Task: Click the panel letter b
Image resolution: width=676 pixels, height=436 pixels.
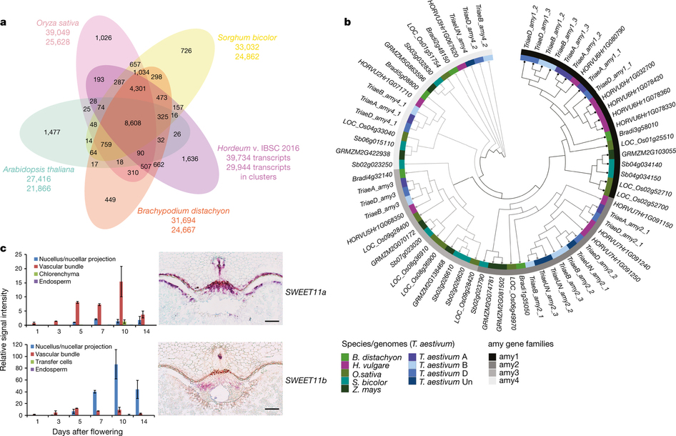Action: click(x=349, y=22)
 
